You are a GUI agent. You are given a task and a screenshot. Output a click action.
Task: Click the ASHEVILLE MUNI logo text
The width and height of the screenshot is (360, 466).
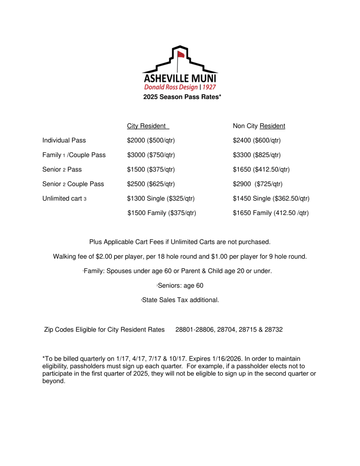click(x=180, y=78)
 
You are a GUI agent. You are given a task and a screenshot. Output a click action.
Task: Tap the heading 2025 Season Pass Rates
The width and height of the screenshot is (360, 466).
click(x=182, y=97)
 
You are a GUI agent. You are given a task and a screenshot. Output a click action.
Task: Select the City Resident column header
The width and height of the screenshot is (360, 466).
click(x=147, y=126)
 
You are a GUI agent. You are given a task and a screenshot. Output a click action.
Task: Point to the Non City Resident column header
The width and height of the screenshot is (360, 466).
click(x=259, y=126)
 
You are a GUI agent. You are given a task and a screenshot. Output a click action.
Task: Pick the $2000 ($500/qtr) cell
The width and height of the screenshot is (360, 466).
click(x=151, y=140)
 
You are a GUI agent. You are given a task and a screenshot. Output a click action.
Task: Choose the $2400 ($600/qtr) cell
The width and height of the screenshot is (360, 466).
click(x=257, y=140)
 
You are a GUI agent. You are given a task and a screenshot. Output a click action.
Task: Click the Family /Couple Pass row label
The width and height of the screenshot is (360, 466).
click(x=74, y=155)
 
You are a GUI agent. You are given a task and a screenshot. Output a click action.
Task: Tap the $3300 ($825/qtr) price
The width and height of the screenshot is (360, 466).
click(x=257, y=155)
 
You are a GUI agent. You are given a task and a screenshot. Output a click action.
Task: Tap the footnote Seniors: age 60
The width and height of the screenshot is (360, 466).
click(x=180, y=286)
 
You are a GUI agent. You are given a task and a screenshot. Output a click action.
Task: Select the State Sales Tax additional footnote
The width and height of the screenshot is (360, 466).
click(x=180, y=300)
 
